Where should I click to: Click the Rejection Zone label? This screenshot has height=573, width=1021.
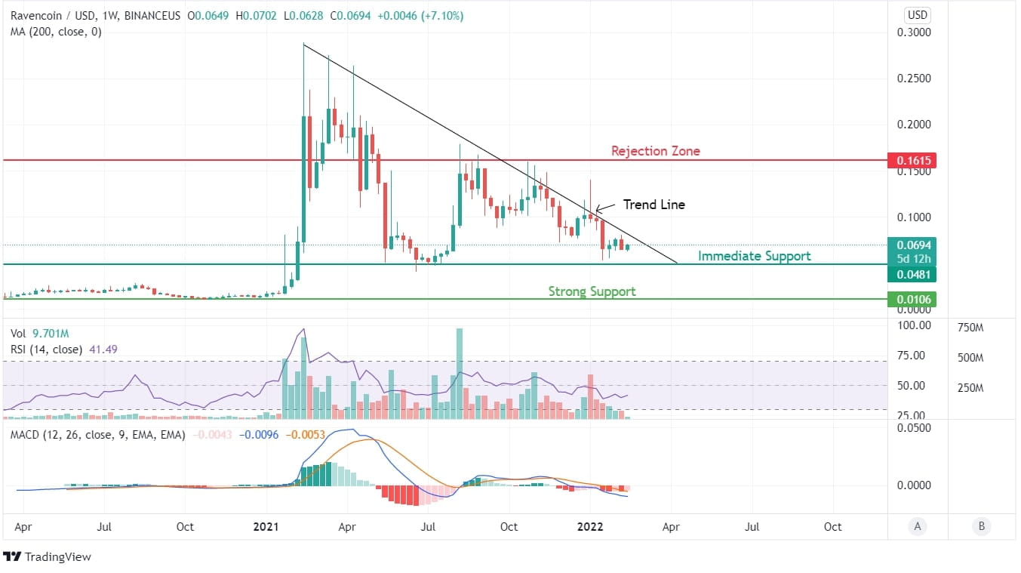coord(655,151)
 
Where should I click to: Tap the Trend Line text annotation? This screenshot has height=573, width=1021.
coord(654,205)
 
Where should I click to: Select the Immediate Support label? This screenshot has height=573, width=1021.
coord(754,256)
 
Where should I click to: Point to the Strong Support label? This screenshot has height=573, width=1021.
coord(592,291)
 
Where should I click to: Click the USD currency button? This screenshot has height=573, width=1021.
coord(918,15)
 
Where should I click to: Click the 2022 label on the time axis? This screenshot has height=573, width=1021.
coord(590,527)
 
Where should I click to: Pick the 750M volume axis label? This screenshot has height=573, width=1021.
coord(970,328)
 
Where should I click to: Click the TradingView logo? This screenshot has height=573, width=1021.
coord(47,557)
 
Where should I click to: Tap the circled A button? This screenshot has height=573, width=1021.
coord(918,527)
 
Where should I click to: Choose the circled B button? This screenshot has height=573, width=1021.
coord(981,527)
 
